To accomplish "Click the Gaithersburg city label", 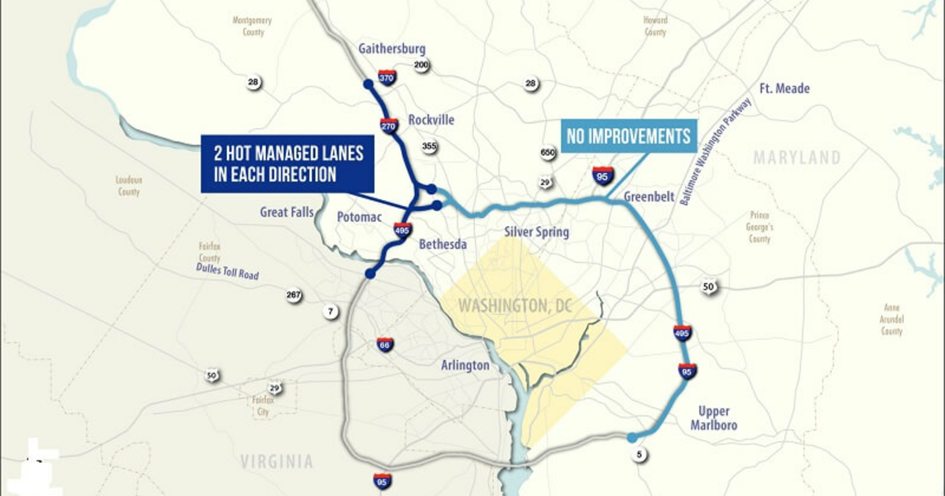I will [x=391, y=49].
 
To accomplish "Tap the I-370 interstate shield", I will [x=387, y=78].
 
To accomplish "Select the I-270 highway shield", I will [x=388, y=125].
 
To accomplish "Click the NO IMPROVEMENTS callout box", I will [x=629, y=136].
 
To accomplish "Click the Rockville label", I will [x=431, y=120].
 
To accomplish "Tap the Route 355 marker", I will [x=429, y=146].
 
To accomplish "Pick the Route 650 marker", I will [x=548, y=153].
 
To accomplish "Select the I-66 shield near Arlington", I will [x=384, y=344].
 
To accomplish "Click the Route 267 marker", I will [x=294, y=296].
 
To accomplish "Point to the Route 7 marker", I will [x=331, y=312].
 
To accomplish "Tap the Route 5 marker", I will [x=639, y=453].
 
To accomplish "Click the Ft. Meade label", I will [x=784, y=89].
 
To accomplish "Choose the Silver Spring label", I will [x=536, y=232].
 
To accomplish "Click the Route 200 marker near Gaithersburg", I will [x=421, y=66].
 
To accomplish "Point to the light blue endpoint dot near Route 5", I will [x=632, y=438].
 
